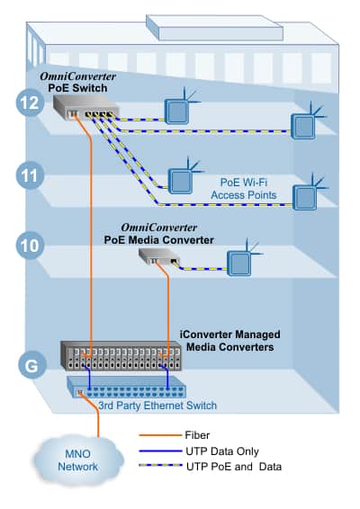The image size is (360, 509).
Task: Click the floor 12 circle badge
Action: coord(28,103)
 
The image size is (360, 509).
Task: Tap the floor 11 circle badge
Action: coord(28,174)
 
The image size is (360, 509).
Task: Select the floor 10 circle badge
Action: coord(28,245)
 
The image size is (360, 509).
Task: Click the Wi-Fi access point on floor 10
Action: coord(238,262)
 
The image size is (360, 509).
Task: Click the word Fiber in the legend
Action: coord(197,434)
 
